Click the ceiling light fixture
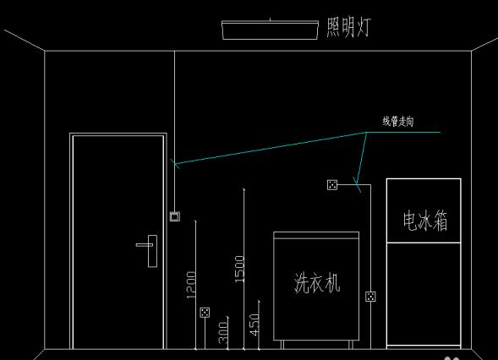270,30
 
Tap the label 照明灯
348,27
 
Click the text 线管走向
398,122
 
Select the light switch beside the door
175,216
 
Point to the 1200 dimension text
191,285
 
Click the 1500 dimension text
239,269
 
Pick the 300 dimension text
223,333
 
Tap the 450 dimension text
254,325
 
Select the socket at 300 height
205,313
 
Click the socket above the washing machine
332,185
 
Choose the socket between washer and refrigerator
370,297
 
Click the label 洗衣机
317,282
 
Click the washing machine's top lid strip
316,235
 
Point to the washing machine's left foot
282,345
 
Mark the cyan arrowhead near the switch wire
175,163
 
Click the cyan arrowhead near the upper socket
357,184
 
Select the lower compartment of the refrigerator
424,294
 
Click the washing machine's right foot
351,345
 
